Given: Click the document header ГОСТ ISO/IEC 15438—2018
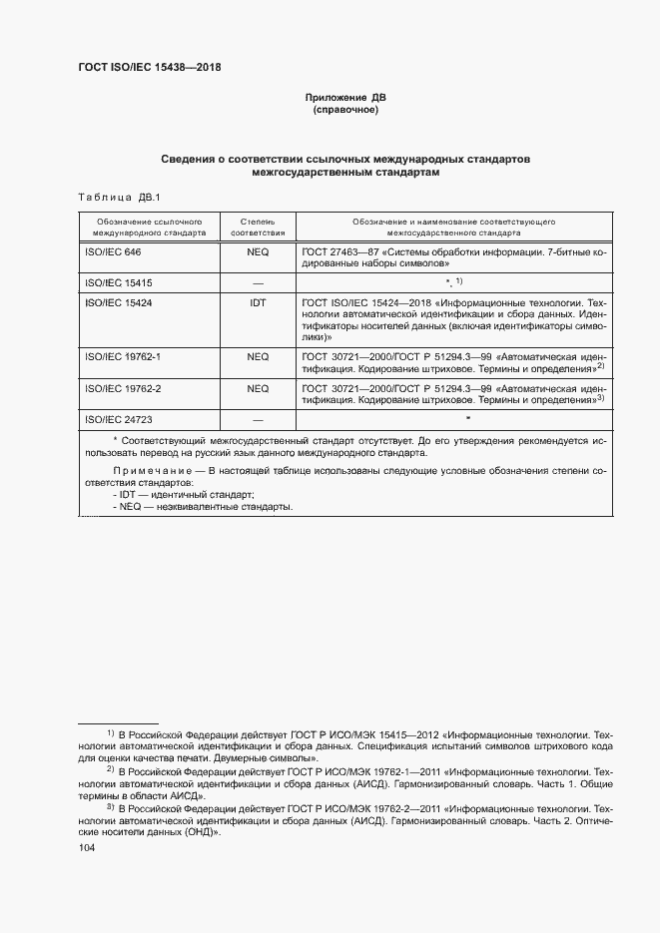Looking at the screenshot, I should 150,68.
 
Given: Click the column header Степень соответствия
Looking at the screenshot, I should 258,226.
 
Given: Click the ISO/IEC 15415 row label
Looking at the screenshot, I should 118,283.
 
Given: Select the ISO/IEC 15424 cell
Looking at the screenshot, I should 118,301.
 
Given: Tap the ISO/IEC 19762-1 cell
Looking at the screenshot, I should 122,356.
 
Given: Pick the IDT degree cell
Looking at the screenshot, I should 258,301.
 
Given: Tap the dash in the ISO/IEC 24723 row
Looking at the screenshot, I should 258,421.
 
